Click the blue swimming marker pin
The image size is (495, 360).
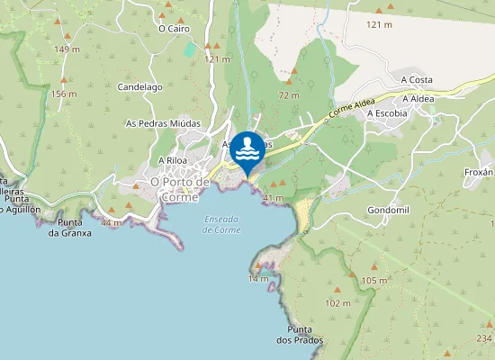tap(248, 150)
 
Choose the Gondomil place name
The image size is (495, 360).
tap(389, 210)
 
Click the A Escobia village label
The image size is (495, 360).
tap(387, 113)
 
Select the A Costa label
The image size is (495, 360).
tap(417, 79)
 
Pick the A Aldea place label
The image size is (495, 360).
tap(418, 98)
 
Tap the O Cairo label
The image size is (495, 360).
tap(174, 28)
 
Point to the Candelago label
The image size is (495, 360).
tap(139, 87)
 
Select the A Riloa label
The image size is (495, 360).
tap(171, 160)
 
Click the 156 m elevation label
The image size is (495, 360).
tap(64, 94)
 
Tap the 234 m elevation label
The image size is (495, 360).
tap(485, 337)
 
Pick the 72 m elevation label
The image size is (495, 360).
tap(289, 94)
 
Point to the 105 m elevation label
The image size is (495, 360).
tap(373, 281)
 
